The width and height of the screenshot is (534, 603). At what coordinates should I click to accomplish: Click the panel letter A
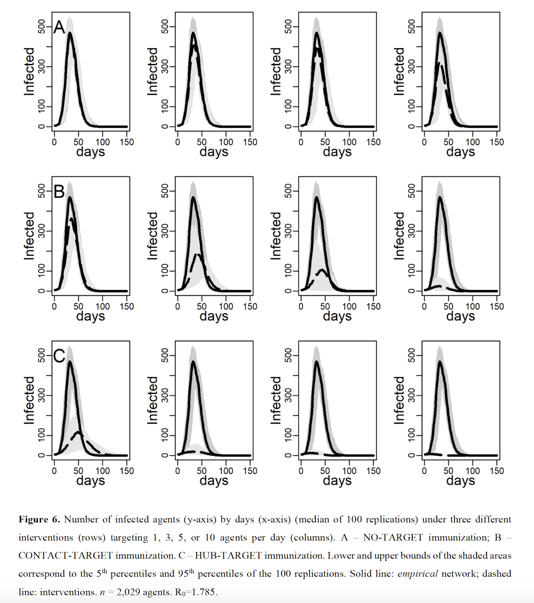coord(59,27)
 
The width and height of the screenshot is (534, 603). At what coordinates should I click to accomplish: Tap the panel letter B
coord(59,191)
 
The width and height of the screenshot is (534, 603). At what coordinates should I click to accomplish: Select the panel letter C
coord(59,356)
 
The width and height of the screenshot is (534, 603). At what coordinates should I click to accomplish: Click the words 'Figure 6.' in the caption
coord(39,519)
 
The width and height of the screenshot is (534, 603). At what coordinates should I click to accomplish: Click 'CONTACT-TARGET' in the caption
coord(66,556)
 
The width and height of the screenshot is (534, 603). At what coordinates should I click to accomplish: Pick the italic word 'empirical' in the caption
coord(418,574)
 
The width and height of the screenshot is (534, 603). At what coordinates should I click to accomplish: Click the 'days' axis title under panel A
coord(90,152)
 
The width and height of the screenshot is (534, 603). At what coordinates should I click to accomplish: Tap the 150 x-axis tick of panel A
coord(127,142)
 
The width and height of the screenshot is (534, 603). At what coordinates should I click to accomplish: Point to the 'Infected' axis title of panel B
coord(29,236)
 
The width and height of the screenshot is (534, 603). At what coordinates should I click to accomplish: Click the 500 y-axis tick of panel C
coord(41,355)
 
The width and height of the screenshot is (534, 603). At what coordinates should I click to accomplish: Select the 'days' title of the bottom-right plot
coord(461,481)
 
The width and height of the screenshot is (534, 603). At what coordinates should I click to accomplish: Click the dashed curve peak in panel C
coord(78,432)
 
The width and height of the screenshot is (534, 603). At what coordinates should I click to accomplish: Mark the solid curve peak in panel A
coord(70,33)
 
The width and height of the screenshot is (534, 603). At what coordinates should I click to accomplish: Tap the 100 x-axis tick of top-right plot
coord(473,142)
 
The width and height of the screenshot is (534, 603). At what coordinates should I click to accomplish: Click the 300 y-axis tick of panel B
coord(41,231)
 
